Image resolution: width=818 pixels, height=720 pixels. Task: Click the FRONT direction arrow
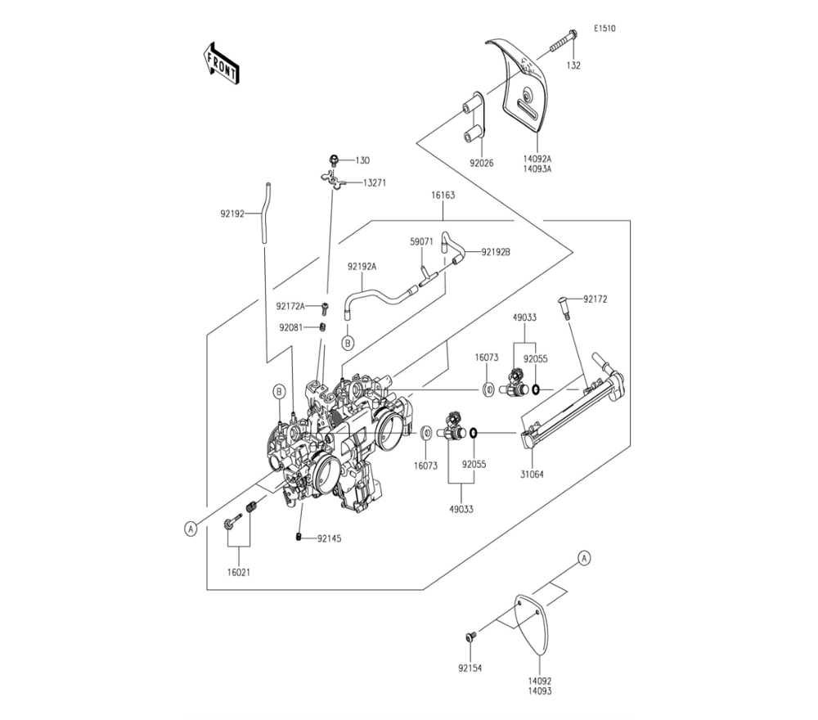tap(220, 63)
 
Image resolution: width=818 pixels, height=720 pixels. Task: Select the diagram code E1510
tap(605, 29)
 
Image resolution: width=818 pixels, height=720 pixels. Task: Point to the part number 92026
tap(483, 163)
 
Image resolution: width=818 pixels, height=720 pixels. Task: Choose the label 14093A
tap(537, 170)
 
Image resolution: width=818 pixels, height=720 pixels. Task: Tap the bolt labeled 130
tap(335, 160)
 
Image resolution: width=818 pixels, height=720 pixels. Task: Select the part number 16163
tap(444, 196)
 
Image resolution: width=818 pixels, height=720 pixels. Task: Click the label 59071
tap(421, 242)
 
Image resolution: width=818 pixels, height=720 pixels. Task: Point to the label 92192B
tap(497, 252)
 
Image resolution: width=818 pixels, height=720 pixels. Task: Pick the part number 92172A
tap(290, 307)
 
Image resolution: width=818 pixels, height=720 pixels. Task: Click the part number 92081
tap(290, 327)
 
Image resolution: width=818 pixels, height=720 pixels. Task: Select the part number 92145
tap(330, 538)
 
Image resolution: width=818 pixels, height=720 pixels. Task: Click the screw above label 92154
tap(470, 637)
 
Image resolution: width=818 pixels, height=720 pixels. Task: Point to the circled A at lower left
tap(191, 529)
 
